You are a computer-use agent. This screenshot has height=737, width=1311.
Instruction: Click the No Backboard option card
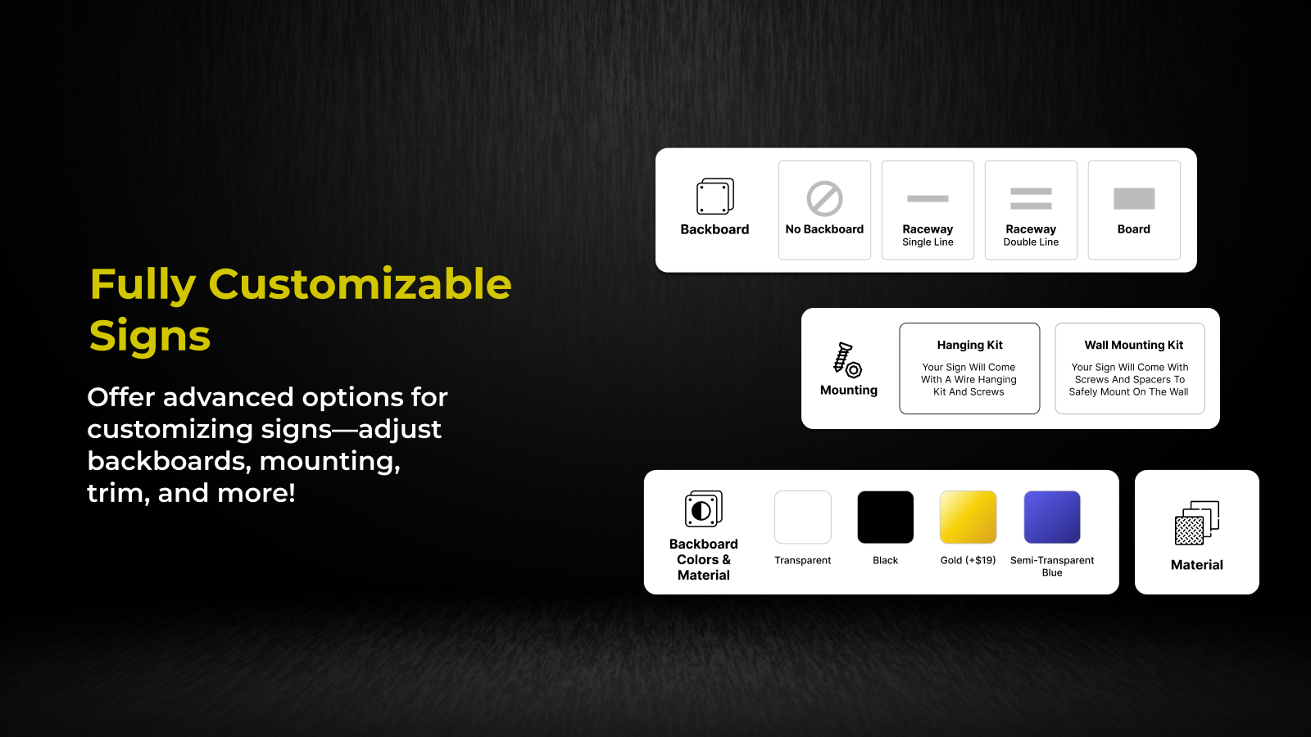[824, 210]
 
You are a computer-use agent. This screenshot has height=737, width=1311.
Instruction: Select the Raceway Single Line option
[928, 210]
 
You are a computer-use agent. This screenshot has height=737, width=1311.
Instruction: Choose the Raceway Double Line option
[1031, 210]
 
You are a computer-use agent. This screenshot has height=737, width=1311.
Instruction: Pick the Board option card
[1134, 210]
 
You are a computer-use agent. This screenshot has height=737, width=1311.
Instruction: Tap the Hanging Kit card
[969, 368]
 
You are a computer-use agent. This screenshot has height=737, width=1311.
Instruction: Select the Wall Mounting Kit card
[1130, 368]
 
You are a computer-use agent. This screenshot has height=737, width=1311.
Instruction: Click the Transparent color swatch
[802, 517]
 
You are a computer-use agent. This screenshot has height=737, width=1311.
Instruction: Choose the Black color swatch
[885, 517]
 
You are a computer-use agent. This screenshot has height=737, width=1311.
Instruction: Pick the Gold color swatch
[968, 517]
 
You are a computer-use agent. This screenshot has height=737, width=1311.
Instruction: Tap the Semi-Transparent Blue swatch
[1052, 517]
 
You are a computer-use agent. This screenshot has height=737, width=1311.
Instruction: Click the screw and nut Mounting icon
[847, 359]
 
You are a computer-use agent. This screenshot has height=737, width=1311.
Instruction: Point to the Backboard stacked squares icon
[714, 197]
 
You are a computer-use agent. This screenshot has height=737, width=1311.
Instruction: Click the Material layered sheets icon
[1197, 523]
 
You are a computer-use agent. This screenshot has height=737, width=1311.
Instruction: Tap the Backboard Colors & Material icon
[704, 509]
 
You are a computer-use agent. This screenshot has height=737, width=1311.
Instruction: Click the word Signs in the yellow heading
[150, 336]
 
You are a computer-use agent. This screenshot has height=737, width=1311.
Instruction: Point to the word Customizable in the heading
[360, 284]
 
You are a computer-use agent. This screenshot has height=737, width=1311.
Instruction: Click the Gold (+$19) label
[968, 560]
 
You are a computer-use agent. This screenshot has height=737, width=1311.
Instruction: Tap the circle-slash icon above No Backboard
[824, 199]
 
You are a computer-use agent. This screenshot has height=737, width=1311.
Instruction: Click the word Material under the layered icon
[1197, 564]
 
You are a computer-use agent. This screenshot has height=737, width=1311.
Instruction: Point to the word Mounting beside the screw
[849, 390]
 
